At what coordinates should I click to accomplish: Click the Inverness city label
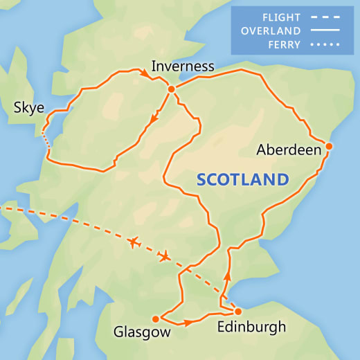tap(183, 67)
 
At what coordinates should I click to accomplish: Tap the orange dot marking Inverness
tap(170, 89)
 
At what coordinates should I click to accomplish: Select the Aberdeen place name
tap(288, 150)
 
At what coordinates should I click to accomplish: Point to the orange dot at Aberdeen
tap(329, 146)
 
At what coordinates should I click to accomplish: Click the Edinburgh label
tap(250, 327)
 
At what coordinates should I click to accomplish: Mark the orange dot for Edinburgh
tap(237, 311)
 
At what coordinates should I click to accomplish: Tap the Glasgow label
tap(142, 333)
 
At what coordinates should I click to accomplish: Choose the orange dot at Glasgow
tap(155, 319)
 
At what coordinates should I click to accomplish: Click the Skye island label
tap(28, 108)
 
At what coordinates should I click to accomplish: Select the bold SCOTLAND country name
tap(242, 179)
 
